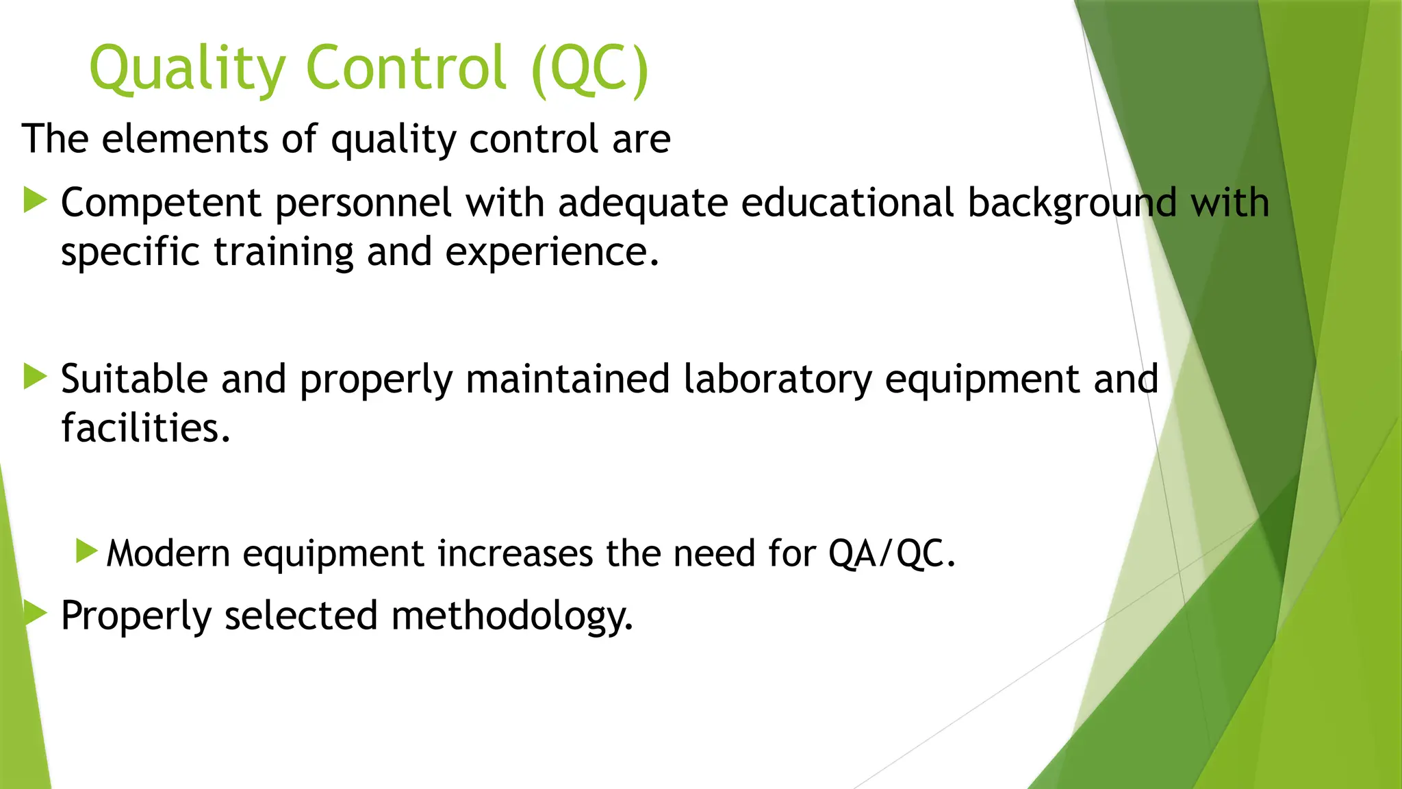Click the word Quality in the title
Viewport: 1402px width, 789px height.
tap(187, 68)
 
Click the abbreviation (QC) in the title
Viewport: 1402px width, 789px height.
tap(589, 68)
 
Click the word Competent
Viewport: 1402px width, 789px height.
tap(161, 203)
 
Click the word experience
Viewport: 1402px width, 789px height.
tap(552, 252)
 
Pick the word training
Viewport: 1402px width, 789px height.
tap(283, 252)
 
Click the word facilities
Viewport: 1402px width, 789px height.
tap(146, 428)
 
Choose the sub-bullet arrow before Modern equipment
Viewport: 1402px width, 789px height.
tap(87, 551)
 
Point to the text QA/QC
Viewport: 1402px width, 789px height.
tap(891, 553)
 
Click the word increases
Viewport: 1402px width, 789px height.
tap(515, 553)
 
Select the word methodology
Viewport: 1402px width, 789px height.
tap(511, 616)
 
